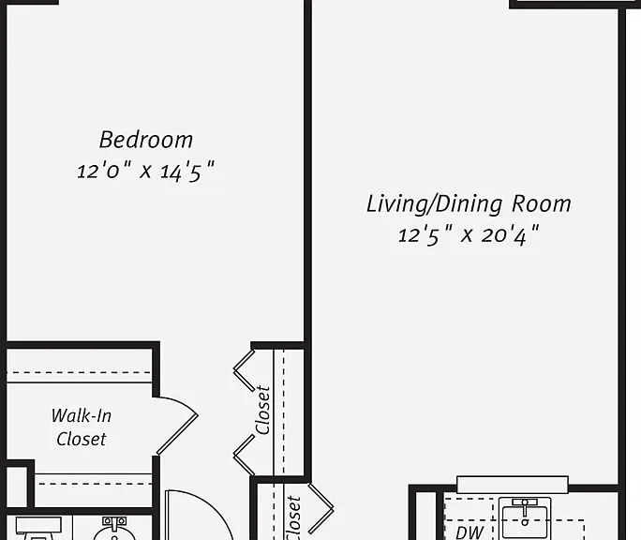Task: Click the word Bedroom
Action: pyautogui.click(x=146, y=140)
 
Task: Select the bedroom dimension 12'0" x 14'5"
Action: pyautogui.click(x=145, y=171)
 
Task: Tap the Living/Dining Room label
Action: pyautogui.click(x=469, y=203)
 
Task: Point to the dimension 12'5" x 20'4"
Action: pyautogui.click(x=469, y=235)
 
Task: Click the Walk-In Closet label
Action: pyautogui.click(x=82, y=427)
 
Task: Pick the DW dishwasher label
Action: pyautogui.click(x=470, y=532)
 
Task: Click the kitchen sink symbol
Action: pyautogui.click(x=525, y=518)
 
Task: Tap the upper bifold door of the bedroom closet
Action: pyautogui.click(x=244, y=370)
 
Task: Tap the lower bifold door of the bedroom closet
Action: pyautogui.click(x=244, y=455)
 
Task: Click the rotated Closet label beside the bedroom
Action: pyautogui.click(x=262, y=411)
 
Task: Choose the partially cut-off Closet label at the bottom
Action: pyautogui.click(x=293, y=517)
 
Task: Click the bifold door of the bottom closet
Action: pyautogui.click(x=321, y=508)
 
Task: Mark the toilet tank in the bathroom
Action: pyautogui.click(x=38, y=525)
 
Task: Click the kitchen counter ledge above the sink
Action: pyautogui.click(x=513, y=485)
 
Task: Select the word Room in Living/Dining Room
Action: pyautogui.click(x=542, y=203)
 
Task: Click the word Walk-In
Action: pyautogui.click(x=82, y=415)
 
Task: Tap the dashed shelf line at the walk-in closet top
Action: pyautogui.click(x=79, y=373)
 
